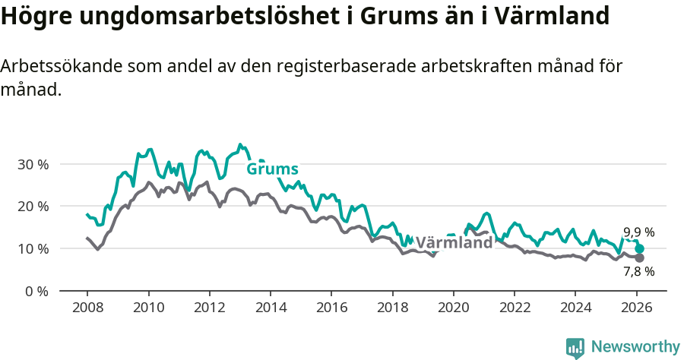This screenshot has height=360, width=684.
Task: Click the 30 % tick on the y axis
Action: tap(33, 164)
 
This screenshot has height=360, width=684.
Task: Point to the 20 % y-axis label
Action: tap(33, 207)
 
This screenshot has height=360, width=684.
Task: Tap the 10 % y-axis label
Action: tap(33, 249)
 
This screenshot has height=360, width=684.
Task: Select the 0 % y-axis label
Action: tap(36, 292)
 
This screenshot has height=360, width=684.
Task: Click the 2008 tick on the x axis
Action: tap(87, 309)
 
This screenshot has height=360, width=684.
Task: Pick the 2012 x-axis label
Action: tap(209, 309)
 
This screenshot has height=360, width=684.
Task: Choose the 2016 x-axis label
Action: tap(331, 309)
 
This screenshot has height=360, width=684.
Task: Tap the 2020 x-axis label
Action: tap(453, 309)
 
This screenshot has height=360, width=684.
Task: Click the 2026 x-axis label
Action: tap(636, 309)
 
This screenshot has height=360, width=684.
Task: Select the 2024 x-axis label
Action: tap(575, 309)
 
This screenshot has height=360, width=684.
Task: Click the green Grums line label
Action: tap(272, 169)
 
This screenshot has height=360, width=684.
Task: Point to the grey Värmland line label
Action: tap(454, 243)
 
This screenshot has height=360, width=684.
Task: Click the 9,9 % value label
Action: tap(638, 232)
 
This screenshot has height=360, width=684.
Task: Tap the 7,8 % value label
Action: tap(638, 271)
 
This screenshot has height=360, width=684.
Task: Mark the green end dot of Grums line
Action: tap(639, 248)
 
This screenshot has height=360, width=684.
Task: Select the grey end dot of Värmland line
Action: tap(639, 257)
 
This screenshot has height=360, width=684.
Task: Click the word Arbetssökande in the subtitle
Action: tap(53, 66)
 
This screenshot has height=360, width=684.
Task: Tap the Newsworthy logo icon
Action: tap(575, 348)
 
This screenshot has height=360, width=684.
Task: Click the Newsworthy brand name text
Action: tap(635, 347)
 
